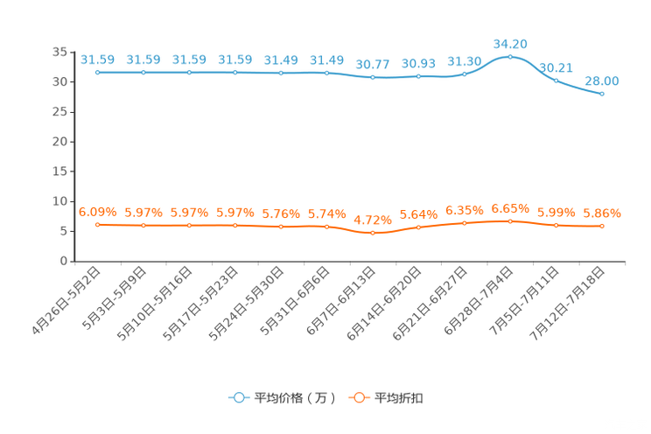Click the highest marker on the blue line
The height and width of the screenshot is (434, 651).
510,57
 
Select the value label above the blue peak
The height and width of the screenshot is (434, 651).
510,43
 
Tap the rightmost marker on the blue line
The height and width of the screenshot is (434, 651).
602,93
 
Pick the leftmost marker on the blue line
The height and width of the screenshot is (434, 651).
97,72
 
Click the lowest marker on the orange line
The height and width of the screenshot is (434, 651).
373,234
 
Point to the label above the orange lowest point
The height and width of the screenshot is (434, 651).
372,220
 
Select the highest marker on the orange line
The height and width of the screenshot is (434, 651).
510,221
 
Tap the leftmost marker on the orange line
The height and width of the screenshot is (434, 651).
97,225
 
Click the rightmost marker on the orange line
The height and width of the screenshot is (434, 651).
602,227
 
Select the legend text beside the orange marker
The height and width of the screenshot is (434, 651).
399,398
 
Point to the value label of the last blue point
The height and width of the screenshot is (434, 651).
602,80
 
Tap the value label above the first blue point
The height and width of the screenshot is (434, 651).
97,59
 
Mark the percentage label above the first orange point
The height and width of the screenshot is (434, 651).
97,212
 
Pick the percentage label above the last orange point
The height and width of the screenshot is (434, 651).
602,213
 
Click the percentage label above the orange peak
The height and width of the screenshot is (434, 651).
510,208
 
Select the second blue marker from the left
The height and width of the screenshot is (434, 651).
143,72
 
